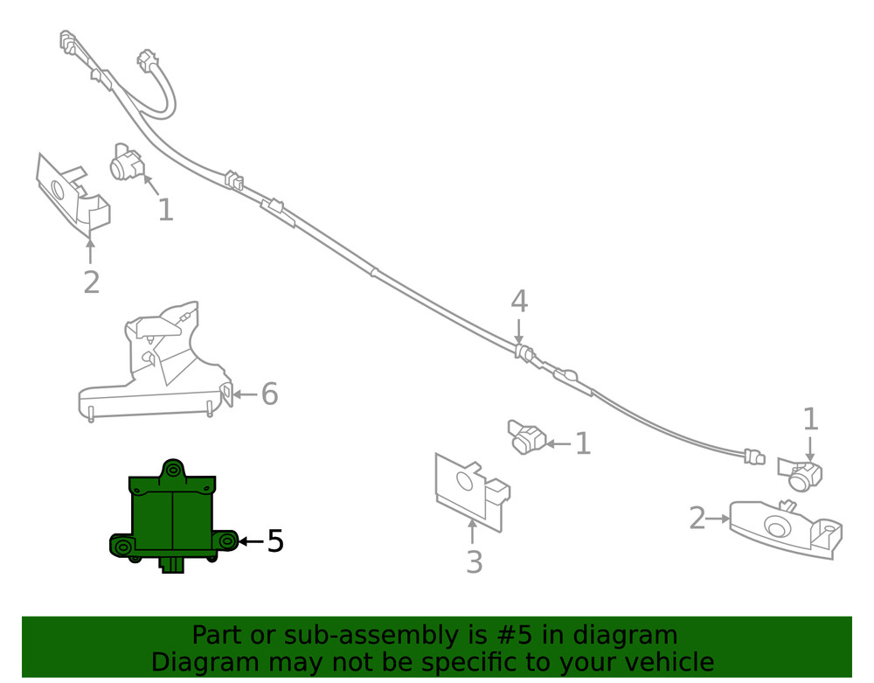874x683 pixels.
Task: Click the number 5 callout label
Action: [x=275, y=540]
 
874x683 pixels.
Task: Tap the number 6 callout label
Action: [x=270, y=394]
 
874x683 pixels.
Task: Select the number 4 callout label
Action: [x=519, y=301]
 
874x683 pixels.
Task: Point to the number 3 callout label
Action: [x=474, y=562]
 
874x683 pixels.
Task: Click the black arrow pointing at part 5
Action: [x=251, y=540]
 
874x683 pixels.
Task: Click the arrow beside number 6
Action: [x=245, y=394]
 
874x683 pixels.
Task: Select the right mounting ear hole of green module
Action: [x=226, y=540]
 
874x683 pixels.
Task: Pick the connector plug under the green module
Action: [x=172, y=564]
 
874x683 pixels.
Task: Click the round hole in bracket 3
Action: [x=465, y=481]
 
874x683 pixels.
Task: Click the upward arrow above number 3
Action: [x=472, y=532]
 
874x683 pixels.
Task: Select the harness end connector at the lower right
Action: [x=754, y=457]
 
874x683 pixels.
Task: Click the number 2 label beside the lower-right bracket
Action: [x=697, y=519]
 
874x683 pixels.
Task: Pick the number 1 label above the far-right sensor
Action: [x=810, y=419]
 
